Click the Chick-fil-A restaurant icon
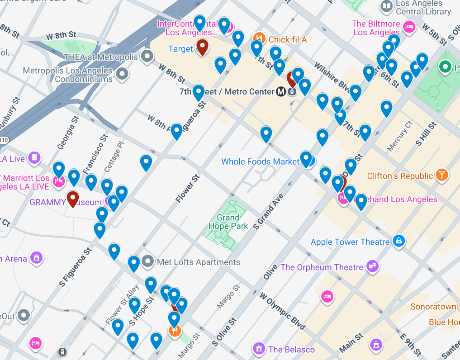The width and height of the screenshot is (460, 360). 259,39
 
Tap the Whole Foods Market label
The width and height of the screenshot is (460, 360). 260,161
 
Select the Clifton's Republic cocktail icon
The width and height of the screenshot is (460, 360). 441,175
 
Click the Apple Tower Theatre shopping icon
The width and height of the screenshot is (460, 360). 398,241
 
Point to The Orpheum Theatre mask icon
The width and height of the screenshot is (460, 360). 373,266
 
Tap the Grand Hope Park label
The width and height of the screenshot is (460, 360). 228,222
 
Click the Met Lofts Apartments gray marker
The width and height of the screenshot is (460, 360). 147,261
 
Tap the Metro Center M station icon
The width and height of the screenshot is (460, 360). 281,92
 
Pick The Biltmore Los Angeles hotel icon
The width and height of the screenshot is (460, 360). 409,27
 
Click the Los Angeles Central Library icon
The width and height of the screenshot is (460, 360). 387,6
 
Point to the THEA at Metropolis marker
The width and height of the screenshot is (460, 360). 147,57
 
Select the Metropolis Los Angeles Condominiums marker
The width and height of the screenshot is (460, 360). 121,73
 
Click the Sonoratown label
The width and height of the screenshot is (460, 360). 433,307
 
